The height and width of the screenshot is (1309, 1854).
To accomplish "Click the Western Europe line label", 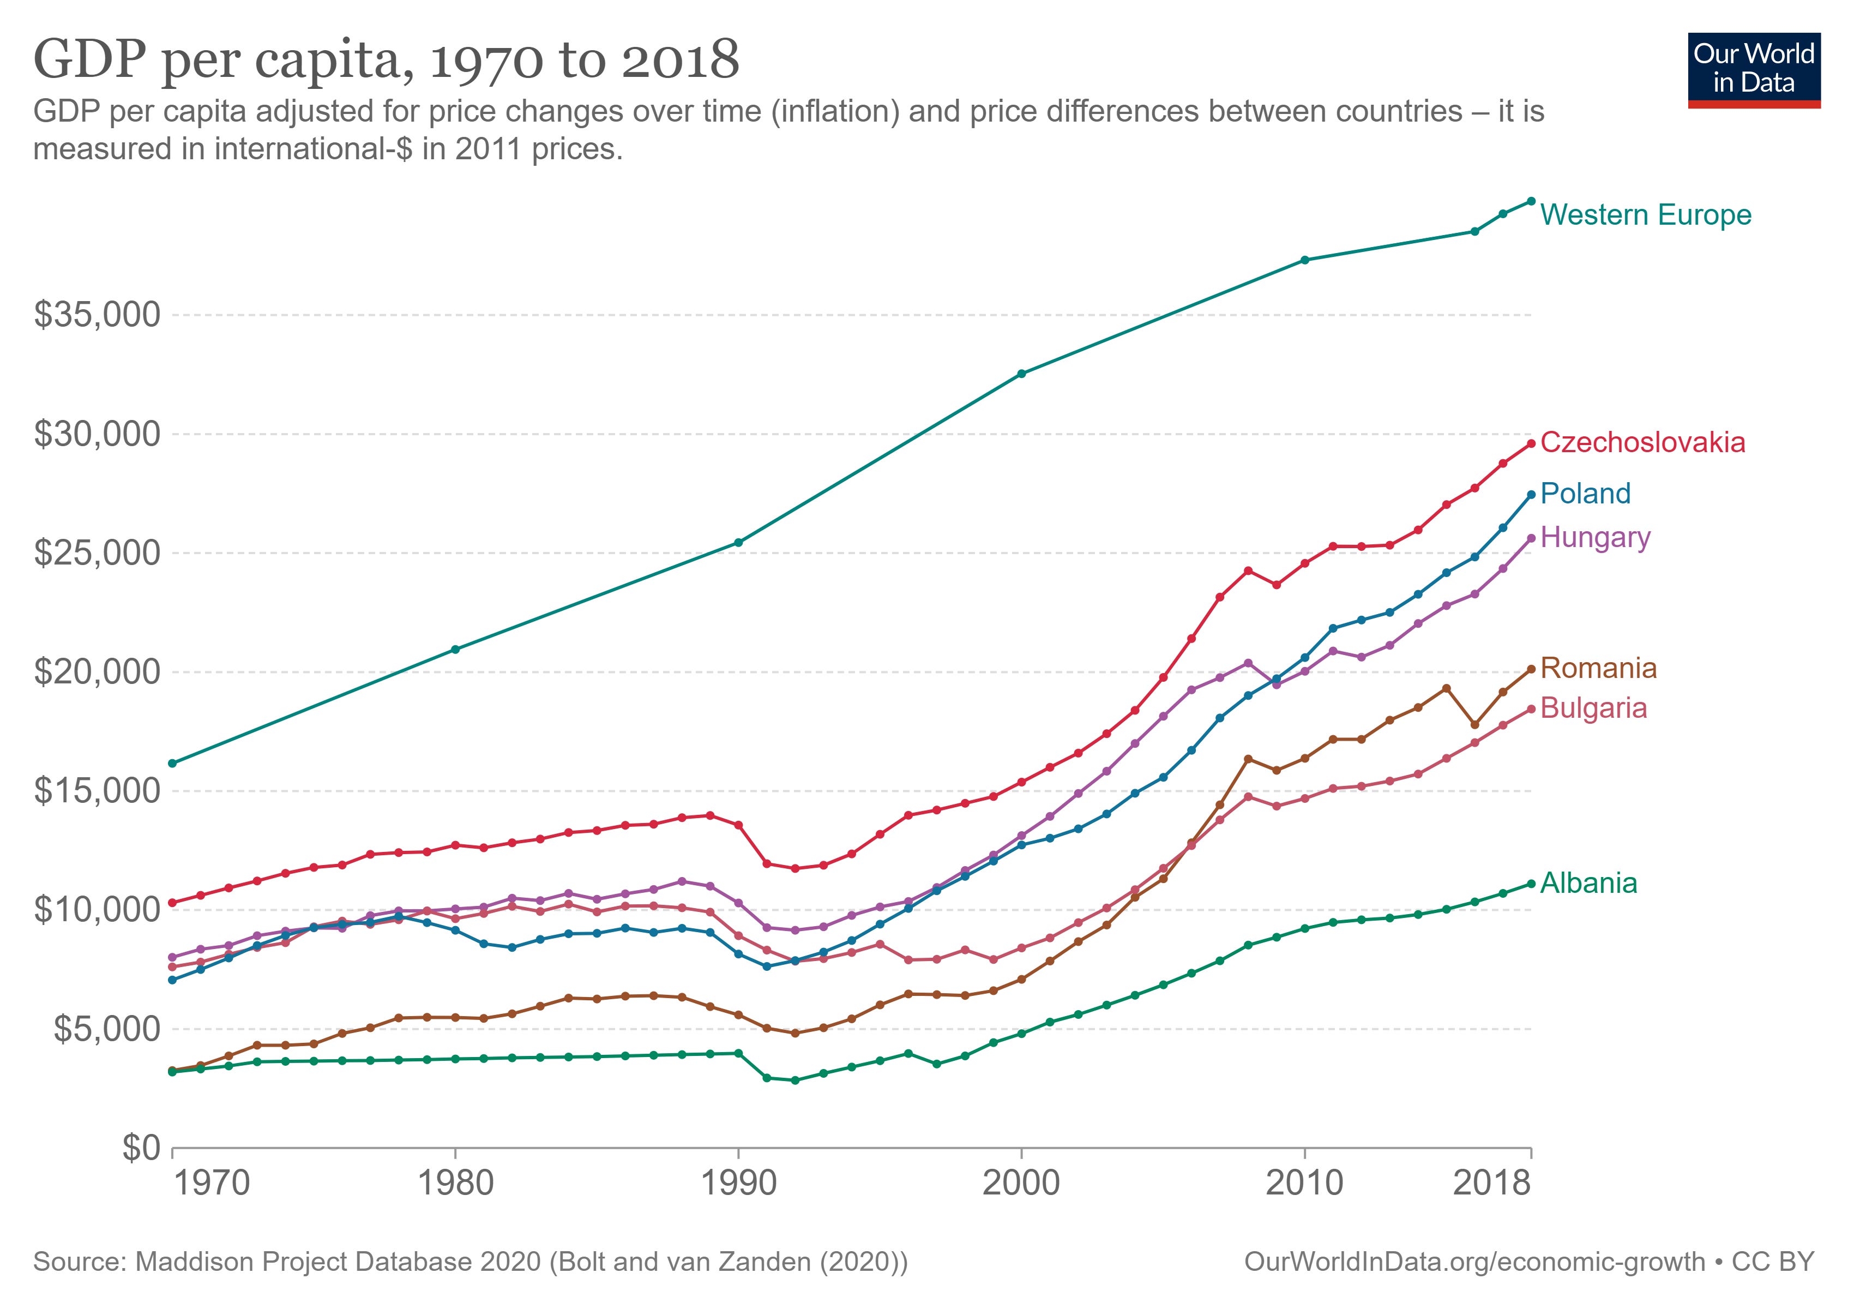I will (x=1646, y=215).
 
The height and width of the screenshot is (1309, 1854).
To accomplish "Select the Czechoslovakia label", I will (x=1642, y=442).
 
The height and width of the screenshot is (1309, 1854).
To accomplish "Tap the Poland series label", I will (x=1585, y=494).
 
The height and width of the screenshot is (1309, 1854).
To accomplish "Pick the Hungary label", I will (x=1595, y=537).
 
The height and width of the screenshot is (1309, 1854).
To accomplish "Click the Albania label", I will (x=1588, y=884).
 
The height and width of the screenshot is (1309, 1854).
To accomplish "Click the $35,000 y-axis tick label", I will (x=97, y=315).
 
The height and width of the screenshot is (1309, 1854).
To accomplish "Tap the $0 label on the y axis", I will (x=141, y=1148).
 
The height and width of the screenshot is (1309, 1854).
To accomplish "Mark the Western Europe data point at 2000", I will (x=1021, y=374).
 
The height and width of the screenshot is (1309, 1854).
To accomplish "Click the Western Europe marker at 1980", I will (x=455, y=649).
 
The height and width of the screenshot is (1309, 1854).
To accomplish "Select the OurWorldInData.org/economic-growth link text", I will (x=1474, y=1262).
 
